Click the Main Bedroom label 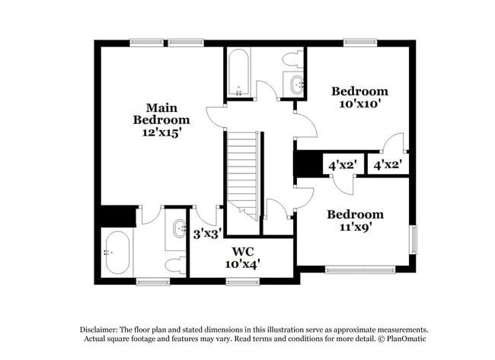(x=161, y=113)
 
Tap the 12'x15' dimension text (x=161, y=132)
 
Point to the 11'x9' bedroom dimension (x=356, y=227)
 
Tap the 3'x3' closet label (x=206, y=234)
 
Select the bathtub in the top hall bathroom (x=238, y=73)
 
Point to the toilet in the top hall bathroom (x=292, y=59)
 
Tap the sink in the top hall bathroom (x=295, y=84)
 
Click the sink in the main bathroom (x=180, y=228)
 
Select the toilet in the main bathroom (x=176, y=265)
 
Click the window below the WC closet (x=243, y=282)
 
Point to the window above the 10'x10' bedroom (x=360, y=43)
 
